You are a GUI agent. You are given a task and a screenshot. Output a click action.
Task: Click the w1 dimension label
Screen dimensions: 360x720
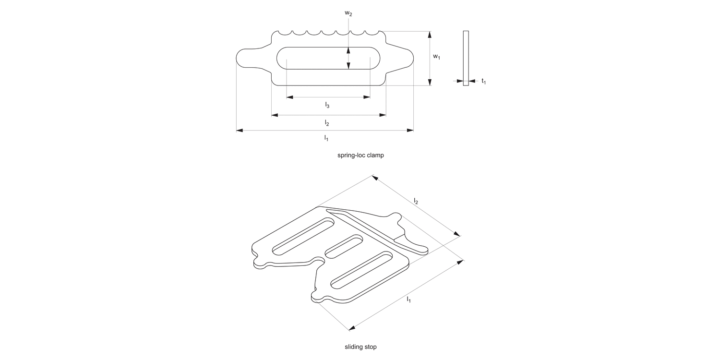point(436,57)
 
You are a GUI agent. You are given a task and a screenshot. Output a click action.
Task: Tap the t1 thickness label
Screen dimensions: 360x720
point(484,82)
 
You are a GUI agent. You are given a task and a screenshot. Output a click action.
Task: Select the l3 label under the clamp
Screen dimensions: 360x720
point(327,105)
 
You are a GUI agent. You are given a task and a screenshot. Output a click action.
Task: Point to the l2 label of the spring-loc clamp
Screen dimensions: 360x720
point(327,123)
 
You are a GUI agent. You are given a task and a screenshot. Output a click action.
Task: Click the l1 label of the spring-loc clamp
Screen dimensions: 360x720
point(326,138)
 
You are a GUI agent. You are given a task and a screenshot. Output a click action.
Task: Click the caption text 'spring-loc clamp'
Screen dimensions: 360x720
point(360,156)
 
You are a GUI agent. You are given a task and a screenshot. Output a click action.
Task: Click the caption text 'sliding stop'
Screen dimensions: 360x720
point(360,346)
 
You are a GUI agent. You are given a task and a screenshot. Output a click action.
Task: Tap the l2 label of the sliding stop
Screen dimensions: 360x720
point(416,202)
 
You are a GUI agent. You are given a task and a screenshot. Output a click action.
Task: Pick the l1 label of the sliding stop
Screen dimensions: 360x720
point(409,300)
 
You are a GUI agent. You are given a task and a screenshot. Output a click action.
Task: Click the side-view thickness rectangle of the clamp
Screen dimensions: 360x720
point(466,58)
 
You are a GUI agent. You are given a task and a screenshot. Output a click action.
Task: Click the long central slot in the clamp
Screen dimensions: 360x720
point(329,58)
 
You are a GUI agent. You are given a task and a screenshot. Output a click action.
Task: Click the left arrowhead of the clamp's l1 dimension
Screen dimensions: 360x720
point(239,130)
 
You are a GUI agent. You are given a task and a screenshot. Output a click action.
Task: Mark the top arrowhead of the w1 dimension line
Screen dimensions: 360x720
point(430,34)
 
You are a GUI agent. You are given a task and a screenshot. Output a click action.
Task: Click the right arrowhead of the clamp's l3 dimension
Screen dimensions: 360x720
point(368,97)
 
